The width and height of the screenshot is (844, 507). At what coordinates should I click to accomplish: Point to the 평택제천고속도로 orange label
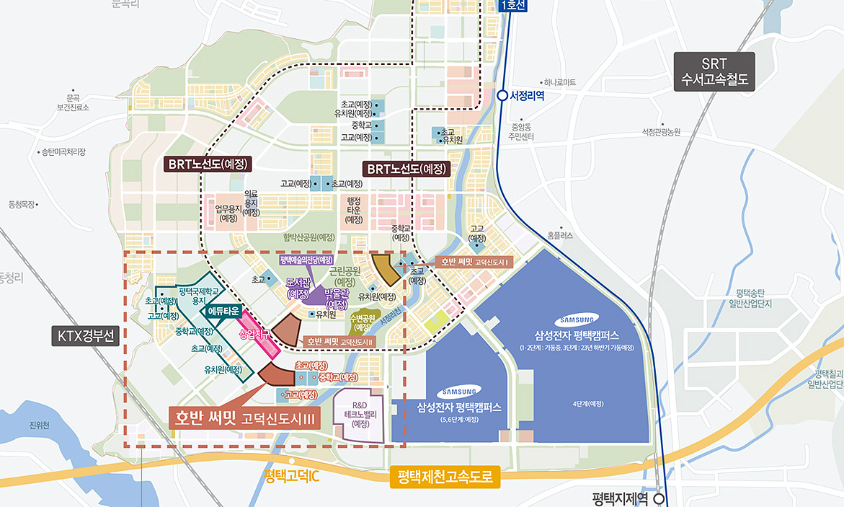coord(445,477)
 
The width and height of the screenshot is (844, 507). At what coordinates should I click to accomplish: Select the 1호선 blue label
coord(513,5)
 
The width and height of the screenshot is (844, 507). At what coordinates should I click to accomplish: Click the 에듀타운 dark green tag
coord(223,311)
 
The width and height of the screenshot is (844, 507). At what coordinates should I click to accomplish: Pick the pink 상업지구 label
coord(258,334)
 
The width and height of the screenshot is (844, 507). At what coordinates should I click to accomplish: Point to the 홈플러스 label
coord(560,236)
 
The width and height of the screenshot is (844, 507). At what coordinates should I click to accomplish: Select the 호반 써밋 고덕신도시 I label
coord(476,261)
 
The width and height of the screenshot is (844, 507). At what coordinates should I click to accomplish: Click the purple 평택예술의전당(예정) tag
coord(306,259)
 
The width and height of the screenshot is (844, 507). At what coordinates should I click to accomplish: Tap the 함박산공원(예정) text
coord(310,237)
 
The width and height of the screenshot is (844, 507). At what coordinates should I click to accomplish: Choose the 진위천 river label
coord(40,425)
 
